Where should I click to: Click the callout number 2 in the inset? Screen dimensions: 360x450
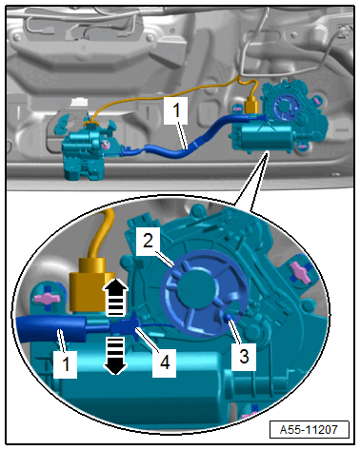[148, 241]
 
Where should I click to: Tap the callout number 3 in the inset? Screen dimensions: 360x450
[244, 357]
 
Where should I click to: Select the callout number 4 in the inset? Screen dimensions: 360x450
[164, 362]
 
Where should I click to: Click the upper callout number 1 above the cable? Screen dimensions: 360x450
[176, 110]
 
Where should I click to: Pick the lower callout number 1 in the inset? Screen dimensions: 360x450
[65, 363]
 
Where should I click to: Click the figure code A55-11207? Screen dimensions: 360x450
[309, 430]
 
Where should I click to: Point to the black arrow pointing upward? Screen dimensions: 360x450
[115, 297]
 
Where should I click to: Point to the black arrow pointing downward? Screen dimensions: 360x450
[115, 356]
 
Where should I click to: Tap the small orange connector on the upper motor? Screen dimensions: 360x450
[252, 106]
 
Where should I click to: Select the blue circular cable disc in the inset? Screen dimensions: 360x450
[204, 293]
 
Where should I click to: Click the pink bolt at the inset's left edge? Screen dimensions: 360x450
[47, 298]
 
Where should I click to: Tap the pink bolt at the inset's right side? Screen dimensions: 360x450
[299, 272]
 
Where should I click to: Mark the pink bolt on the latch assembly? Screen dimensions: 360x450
[105, 144]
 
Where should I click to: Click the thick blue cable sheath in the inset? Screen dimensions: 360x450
[50, 328]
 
